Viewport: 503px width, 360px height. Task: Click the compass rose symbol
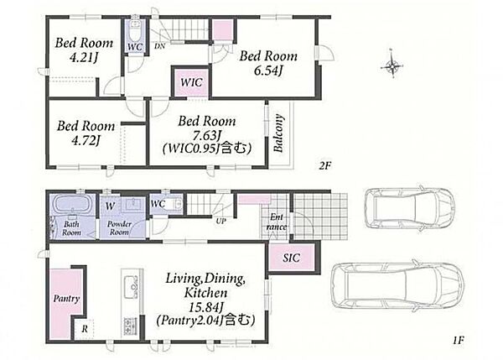point(392,66)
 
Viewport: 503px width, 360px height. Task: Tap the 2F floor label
point(324,165)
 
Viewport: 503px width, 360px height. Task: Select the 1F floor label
point(459,340)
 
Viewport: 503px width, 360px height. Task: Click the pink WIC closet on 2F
point(191,82)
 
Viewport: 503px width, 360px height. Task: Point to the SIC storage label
point(291,258)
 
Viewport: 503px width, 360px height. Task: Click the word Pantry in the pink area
point(66,299)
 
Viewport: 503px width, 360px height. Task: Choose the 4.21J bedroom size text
point(83,58)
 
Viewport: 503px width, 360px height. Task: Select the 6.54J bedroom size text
point(268,70)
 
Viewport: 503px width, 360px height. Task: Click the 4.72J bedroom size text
point(85,140)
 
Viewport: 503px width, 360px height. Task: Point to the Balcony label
point(278,133)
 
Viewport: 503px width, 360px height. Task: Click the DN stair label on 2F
point(159,46)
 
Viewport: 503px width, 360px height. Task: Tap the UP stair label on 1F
point(220,221)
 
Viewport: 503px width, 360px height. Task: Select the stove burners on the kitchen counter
point(130,326)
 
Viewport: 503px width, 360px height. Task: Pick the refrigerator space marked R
point(85,329)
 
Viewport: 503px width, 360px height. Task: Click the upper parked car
point(409,206)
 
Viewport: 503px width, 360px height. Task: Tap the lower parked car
point(397,286)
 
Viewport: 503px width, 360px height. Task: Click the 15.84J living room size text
point(205,307)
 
